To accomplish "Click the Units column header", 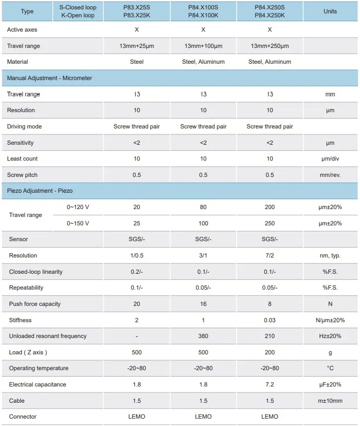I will (x=330, y=11).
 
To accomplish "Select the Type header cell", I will (x=28, y=11).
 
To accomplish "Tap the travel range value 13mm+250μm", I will (x=270, y=46).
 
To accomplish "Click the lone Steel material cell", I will (x=137, y=62).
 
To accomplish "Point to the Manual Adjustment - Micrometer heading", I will (x=49, y=78).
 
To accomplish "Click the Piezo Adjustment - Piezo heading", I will (x=40, y=190).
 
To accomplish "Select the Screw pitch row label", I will (x=22, y=175).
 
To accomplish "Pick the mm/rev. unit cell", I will (x=330, y=175).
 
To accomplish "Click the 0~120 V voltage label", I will (x=78, y=207).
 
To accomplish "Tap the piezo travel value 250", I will (x=270, y=223).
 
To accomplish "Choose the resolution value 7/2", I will (x=270, y=256).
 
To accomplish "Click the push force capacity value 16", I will (x=203, y=304).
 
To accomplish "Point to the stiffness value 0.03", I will (x=270, y=320).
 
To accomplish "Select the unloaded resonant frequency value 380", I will (x=203, y=336).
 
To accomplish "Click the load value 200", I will (x=270, y=352).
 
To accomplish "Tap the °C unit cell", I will (x=330, y=368).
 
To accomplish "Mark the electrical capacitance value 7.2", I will (x=270, y=384).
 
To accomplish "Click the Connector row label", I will (x=23, y=417).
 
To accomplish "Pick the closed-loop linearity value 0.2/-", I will (x=137, y=272).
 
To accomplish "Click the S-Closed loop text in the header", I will (x=78, y=7).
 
